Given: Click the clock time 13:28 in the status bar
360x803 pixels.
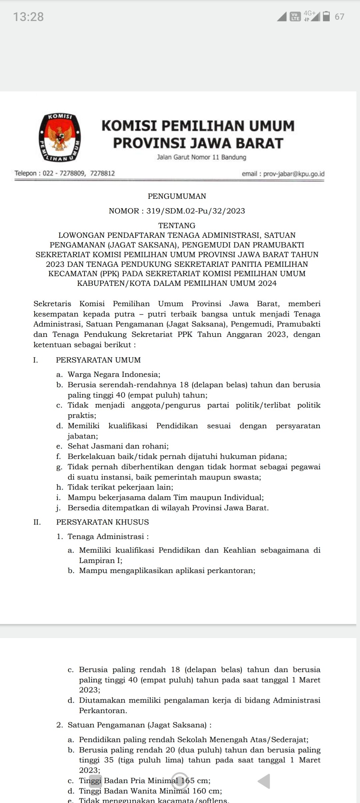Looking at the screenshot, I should [x=29, y=17].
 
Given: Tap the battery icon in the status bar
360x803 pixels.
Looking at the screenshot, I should [x=326, y=16].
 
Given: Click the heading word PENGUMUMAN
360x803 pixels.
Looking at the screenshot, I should [x=177, y=196].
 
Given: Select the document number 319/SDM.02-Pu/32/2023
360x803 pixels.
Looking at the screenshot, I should [x=196, y=211].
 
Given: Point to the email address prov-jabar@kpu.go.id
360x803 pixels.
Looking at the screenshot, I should [x=294, y=174].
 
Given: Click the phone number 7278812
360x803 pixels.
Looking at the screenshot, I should [x=102, y=173].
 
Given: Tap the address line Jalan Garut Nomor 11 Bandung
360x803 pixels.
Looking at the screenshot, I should [x=202, y=157].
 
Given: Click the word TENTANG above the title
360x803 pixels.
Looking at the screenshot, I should [x=177, y=225].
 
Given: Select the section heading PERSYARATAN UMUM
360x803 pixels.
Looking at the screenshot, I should [x=98, y=360].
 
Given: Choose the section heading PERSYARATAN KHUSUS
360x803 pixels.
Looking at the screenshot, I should [x=102, y=522].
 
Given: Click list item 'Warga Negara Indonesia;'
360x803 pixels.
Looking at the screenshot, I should [x=114, y=374].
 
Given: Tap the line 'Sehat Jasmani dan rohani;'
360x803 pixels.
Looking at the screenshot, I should [x=118, y=446].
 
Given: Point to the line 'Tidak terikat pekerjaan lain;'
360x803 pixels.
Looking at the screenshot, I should [x=120, y=487].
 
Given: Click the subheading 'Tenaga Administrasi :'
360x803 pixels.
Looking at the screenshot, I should [x=108, y=536].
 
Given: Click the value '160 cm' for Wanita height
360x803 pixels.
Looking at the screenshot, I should [x=207, y=791].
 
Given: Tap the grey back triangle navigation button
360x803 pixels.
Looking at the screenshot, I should [x=264, y=781].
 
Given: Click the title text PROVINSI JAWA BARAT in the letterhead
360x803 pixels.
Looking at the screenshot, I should [x=198, y=143].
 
